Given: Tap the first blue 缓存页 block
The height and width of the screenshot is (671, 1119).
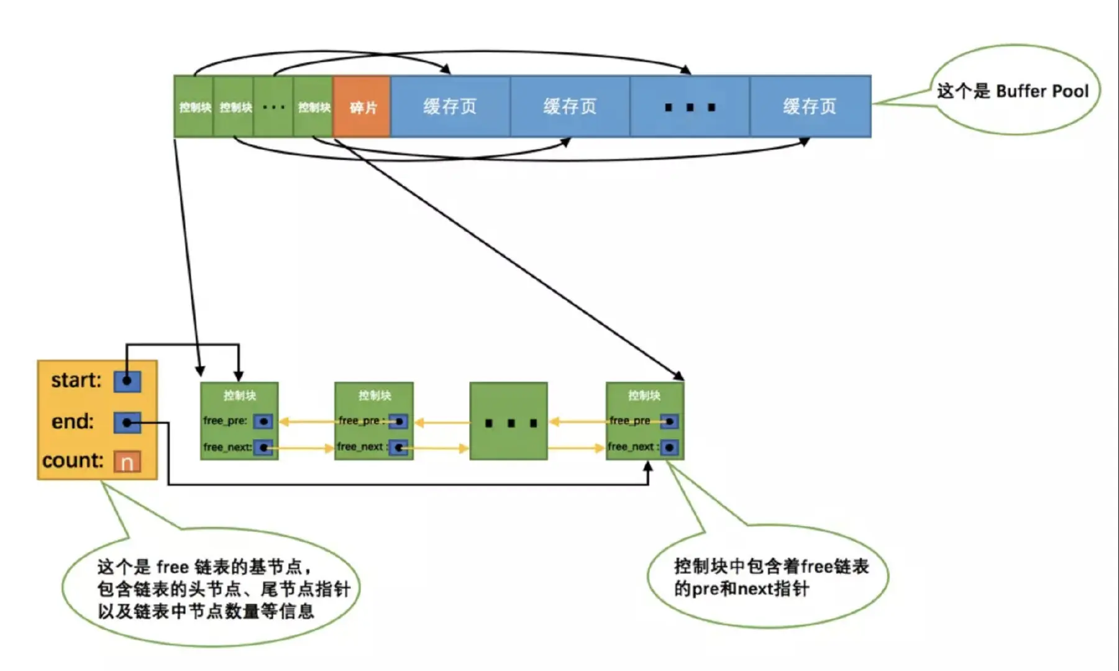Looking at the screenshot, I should pos(450,107).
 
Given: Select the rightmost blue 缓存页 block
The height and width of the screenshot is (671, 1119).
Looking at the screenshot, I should pos(810,107).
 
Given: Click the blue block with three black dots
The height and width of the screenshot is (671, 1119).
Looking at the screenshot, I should pos(690,107).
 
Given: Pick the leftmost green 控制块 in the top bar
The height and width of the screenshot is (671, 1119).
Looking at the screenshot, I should pos(194,107).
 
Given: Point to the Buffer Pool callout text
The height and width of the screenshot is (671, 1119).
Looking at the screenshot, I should pos(1013,91).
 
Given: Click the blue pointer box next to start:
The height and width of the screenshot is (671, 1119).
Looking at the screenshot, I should pos(127,381).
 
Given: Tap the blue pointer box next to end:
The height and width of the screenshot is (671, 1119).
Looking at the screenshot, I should pos(127,422).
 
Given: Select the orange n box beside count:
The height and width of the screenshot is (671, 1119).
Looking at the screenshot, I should pos(127,462).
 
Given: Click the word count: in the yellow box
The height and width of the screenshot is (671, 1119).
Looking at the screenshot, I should pos(73,460).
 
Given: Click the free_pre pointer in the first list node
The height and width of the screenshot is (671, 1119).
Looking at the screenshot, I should pos(263,422).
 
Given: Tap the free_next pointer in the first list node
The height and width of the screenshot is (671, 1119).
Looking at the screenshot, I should pos(263,447).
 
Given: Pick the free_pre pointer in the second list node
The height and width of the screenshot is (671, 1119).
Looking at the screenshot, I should pos(398,422).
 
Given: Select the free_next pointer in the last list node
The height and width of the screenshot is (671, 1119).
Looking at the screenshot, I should pos(669,447).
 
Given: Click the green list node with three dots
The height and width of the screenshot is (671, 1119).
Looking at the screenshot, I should pos(508,422).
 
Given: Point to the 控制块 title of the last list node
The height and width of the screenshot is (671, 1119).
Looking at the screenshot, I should pos(644,395).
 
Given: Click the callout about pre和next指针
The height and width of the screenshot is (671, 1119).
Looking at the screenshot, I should pos(770,577).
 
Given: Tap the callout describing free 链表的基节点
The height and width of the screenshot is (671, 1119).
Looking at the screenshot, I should pos(211,588).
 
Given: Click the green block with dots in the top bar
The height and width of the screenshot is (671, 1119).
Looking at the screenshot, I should pos(273,107).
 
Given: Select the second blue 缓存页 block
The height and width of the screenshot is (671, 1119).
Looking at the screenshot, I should pos(570,107).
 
